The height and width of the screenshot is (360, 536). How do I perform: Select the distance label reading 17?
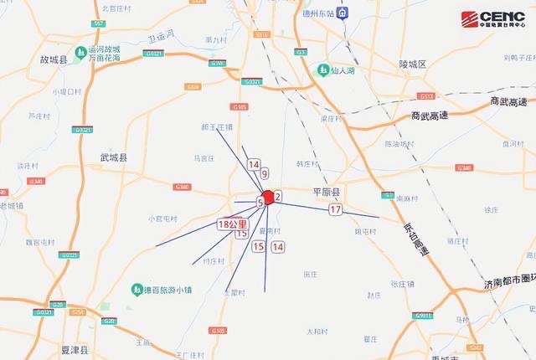(x=335, y=210)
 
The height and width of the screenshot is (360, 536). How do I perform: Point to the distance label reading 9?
(x=265, y=174)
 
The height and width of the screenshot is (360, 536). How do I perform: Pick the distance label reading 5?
(x=260, y=203)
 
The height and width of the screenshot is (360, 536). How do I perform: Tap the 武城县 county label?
(x=113, y=157)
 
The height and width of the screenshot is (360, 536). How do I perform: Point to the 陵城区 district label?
(x=413, y=64)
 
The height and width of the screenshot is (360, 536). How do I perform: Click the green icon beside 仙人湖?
(x=321, y=70)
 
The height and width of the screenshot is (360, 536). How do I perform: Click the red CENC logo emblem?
(x=470, y=18)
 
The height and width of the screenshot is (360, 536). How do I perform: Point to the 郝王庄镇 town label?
(x=216, y=128)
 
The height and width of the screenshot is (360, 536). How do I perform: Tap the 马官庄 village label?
(x=206, y=157)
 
